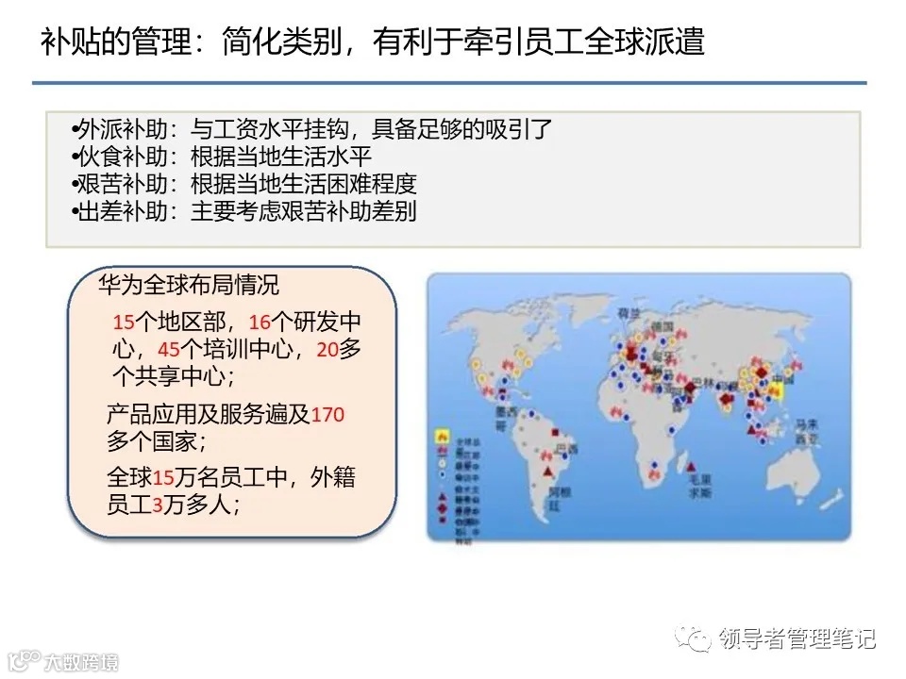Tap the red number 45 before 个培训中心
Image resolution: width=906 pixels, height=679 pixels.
pyautogui.click(x=169, y=349)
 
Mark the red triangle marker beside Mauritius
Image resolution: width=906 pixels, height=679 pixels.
pyautogui.click(x=695, y=464)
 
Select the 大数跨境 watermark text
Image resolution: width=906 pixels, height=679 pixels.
pyautogui.click(x=85, y=662)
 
